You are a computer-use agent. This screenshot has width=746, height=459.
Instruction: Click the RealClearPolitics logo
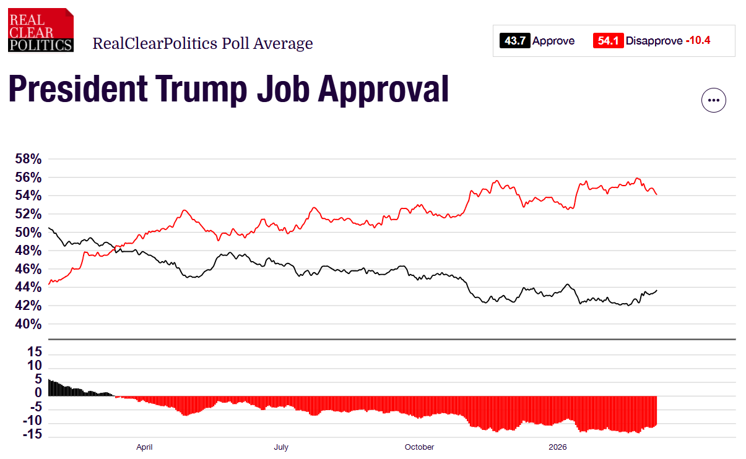pyautogui.click(x=41, y=30)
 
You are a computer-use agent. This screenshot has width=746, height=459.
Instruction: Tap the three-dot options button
pyautogui.click(x=713, y=100)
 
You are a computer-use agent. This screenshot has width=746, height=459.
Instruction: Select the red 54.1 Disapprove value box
pyautogui.click(x=608, y=41)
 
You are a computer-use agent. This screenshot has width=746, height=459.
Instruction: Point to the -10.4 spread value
pyautogui.click(x=698, y=41)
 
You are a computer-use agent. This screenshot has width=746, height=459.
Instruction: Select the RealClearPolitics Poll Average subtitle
pyautogui.click(x=202, y=44)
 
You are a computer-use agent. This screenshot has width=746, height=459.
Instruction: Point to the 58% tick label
pyautogui.click(x=28, y=159)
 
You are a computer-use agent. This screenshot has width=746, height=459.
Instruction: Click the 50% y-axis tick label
pyautogui.click(x=28, y=233)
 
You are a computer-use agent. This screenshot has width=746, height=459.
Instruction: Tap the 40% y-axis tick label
pyautogui.click(x=28, y=324)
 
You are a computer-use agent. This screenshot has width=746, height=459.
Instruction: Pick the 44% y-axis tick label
pyautogui.click(x=28, y=288)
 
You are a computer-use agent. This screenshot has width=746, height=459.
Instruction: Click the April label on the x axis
pyautogui.click(x=144, y=447)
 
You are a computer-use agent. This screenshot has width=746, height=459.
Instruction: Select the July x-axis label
pyautogui.click(x=281, y=447)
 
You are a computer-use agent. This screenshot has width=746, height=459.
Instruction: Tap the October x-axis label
pyautogui.click(x=419, y=447)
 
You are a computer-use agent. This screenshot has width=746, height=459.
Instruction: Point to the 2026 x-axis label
pyautogui.click(x=558, y=447)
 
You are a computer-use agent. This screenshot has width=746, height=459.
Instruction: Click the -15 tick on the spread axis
pyautogui.click(x=33, y=435)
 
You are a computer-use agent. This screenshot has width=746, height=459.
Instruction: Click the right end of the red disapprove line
pyautogui.click(x=656, y=194)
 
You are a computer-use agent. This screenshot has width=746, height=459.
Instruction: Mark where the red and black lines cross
pyautogui.click(x=115, y=247)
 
